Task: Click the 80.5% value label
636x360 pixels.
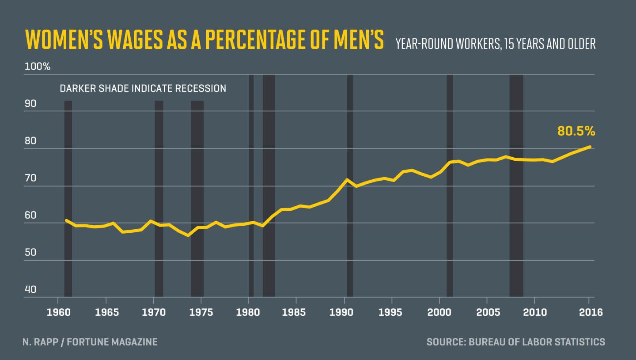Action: point(576,131)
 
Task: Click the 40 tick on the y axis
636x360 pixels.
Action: point(30,290)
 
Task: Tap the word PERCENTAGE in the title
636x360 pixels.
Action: point(257,41)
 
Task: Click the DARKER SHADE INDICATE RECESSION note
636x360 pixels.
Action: point(143,88)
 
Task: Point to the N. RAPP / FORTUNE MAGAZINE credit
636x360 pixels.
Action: point(90,342)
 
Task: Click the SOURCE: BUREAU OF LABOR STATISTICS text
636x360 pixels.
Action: point(515,342)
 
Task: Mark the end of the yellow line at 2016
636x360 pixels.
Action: point(590,147)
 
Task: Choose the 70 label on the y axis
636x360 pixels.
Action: point(30,178)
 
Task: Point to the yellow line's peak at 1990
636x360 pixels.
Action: point(348,180)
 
